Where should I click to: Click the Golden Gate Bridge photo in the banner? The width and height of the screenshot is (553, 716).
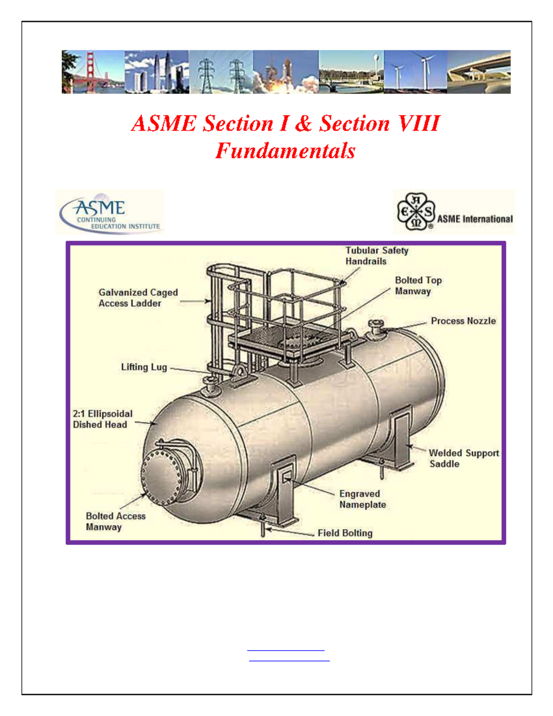93,72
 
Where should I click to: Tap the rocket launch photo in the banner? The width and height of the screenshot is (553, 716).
285,72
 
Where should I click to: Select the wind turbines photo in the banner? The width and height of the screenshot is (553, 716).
415,72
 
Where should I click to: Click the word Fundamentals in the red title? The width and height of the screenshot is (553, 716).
285,151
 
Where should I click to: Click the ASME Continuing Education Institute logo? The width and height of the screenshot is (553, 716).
110,213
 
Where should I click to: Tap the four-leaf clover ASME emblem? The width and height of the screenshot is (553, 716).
416,212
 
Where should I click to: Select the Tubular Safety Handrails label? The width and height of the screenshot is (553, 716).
377,256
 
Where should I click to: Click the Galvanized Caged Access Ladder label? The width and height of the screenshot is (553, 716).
138,298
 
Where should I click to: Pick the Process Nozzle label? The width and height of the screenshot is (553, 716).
463,321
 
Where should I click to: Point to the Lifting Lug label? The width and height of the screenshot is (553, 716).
144,367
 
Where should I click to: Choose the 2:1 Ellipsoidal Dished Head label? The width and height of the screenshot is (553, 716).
102,419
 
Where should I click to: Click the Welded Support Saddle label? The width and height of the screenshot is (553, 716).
464,458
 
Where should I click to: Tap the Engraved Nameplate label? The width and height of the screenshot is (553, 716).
363,499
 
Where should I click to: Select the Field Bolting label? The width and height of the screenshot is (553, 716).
345,533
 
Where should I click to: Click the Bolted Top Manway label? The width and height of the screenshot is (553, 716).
418,286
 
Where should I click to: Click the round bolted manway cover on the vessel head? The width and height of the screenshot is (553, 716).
161,478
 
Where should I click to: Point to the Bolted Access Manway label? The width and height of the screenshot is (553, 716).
115,521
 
